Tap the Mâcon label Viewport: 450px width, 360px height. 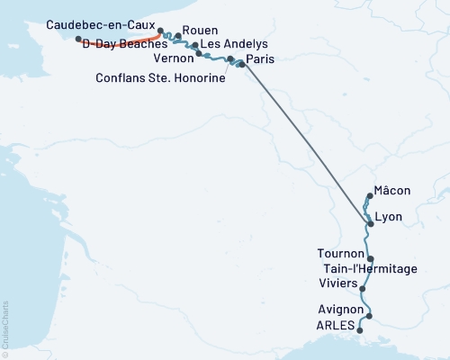(x=393, y=191)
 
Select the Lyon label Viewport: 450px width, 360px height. (x=388, y=217)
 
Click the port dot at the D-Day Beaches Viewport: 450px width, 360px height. (x=78, y=39)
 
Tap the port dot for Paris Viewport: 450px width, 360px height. (x=241, y=64)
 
